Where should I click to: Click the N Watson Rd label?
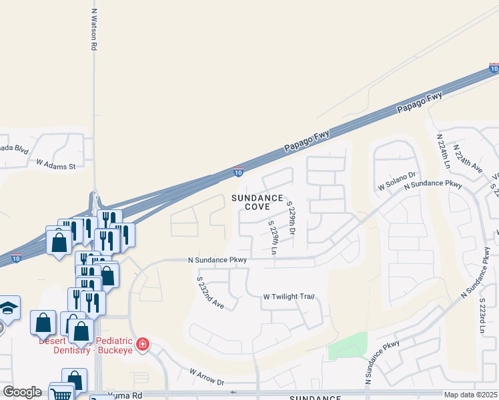[94, 30]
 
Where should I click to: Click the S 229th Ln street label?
[272, 239]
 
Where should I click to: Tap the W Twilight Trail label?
[288, 297]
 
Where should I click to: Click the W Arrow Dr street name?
[207, 377]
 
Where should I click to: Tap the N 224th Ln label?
[444, 152]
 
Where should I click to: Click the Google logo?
[22, 392]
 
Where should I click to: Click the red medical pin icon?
[142, 344]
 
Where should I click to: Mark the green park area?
[348, 345]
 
